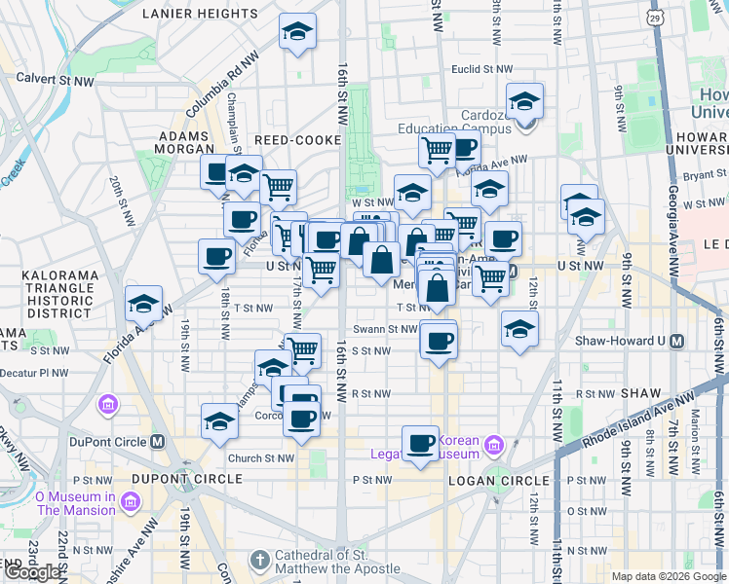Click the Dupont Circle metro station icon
coord(158,441)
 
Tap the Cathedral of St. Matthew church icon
coord(259,561)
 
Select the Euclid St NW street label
coord(481,69)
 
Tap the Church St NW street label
coord(260,458)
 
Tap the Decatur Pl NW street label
coord(34,372)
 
